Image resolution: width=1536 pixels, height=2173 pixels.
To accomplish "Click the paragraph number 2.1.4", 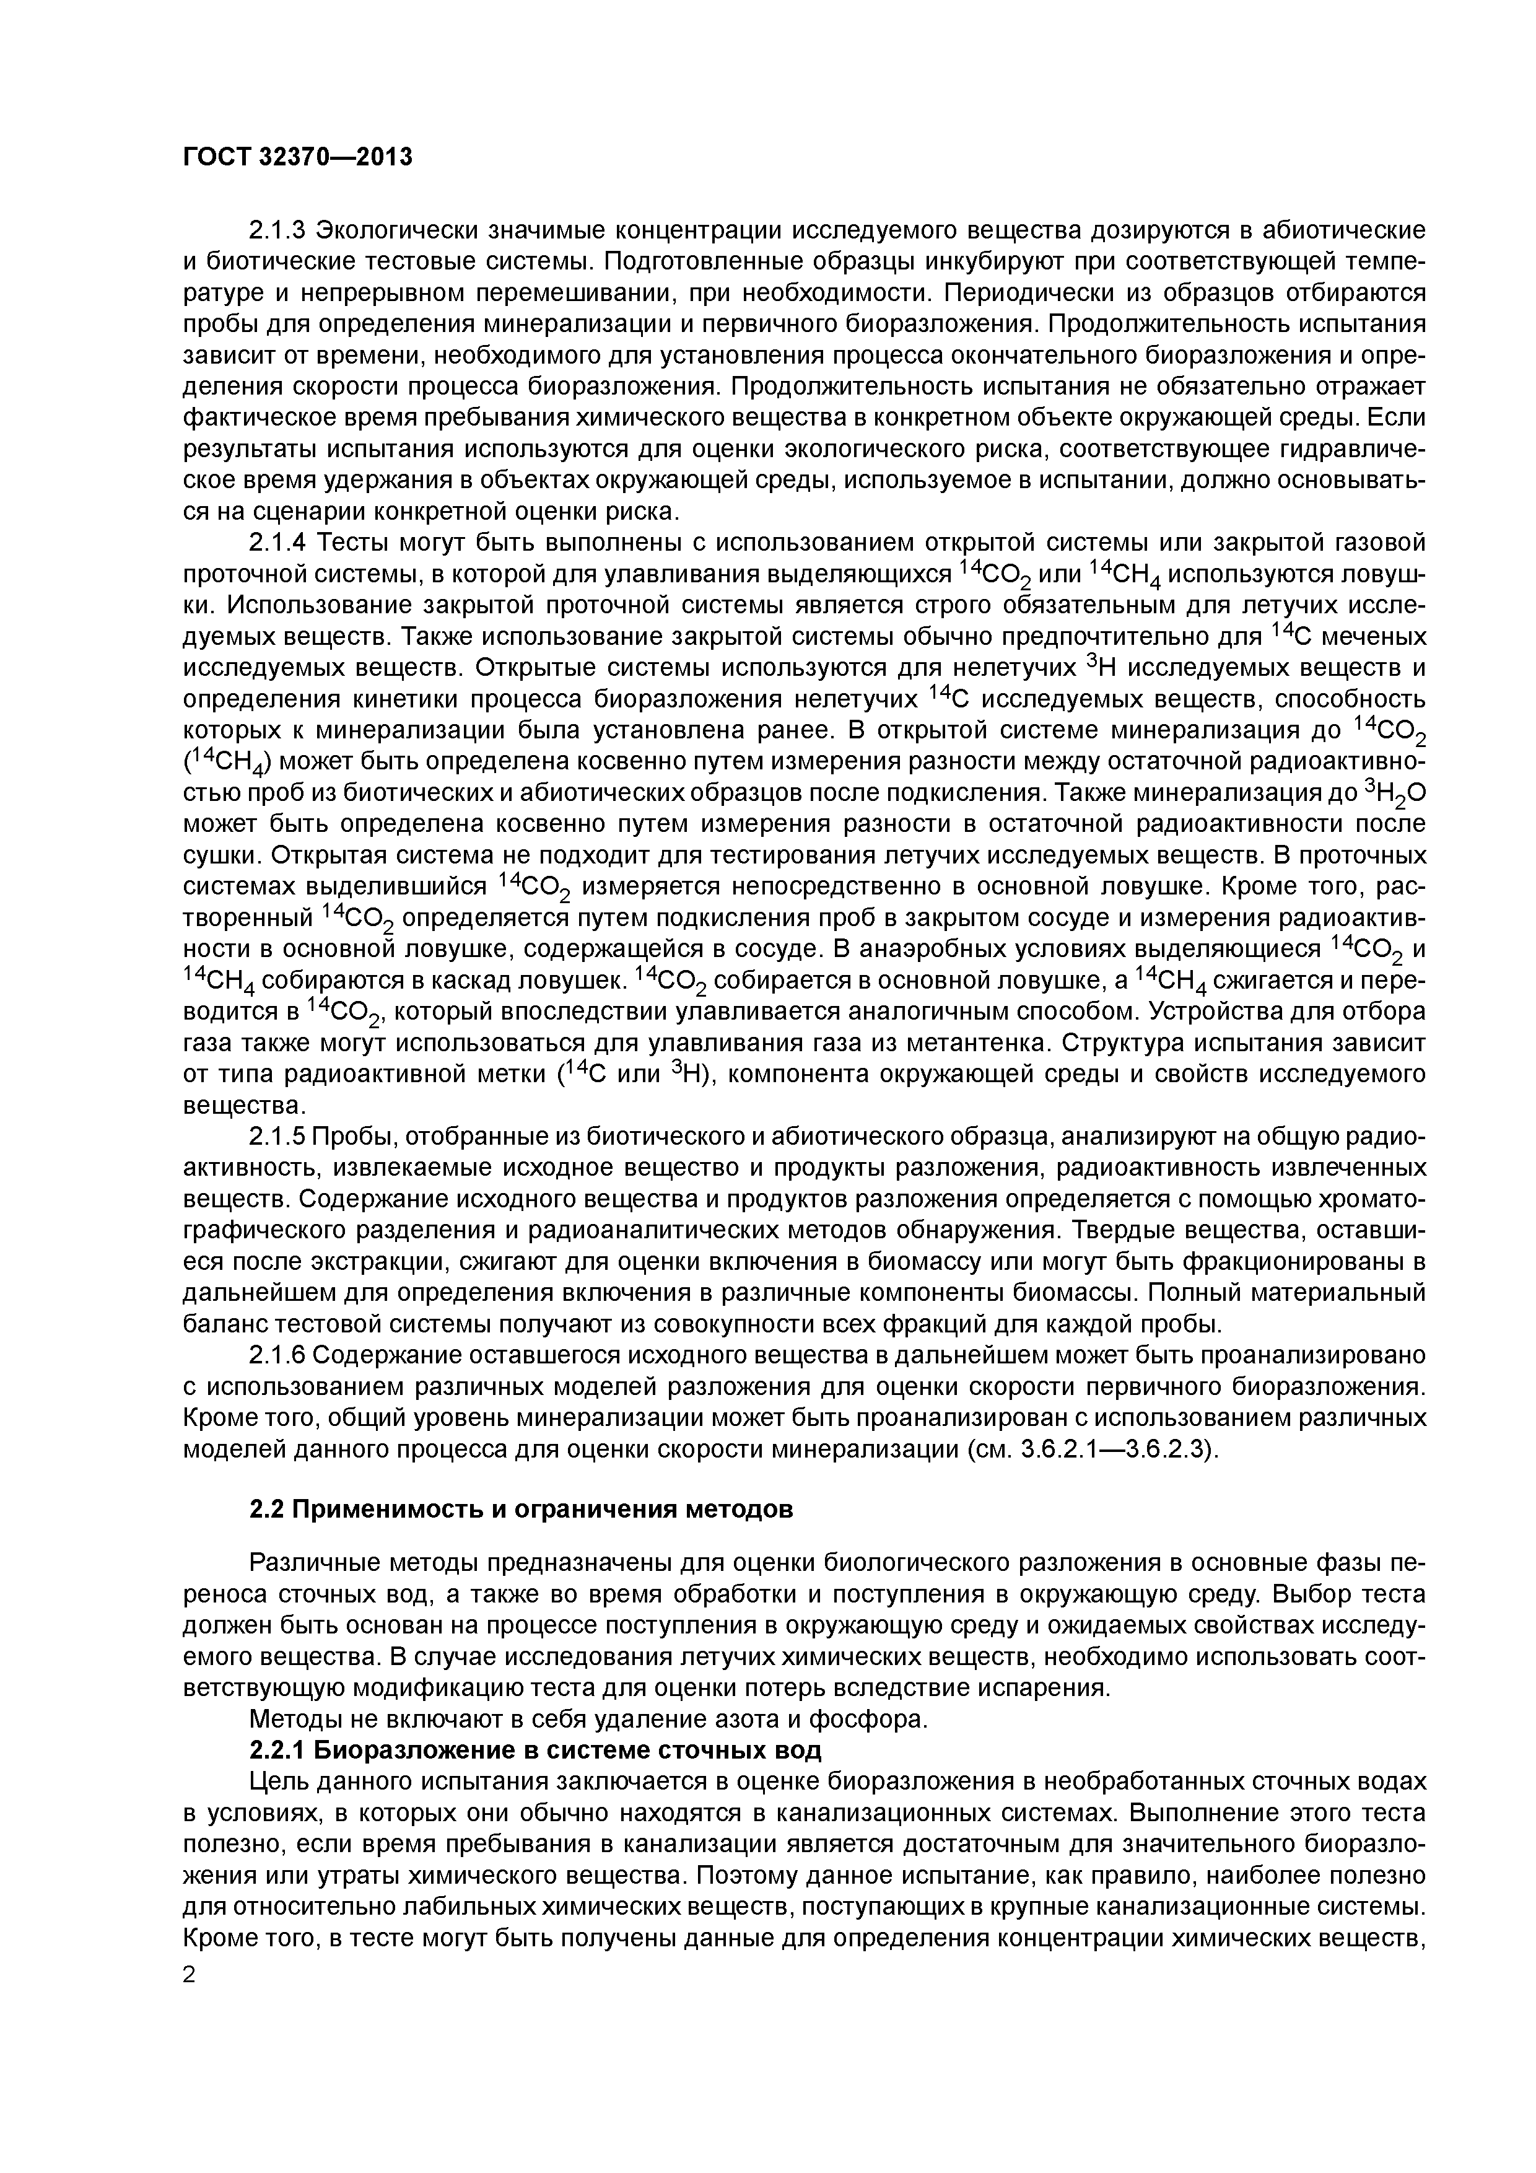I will point(278,543).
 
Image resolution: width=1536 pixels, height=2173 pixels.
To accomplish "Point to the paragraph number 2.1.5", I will point(278,1137).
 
